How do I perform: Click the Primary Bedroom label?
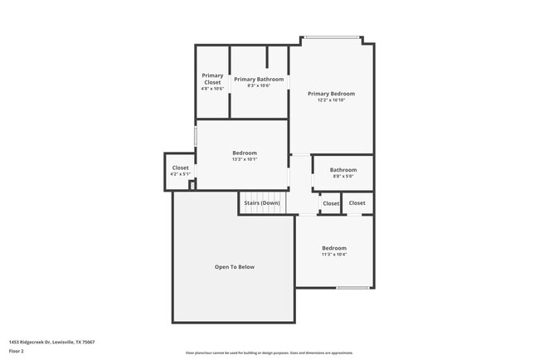pyautogui.click(x=331, y=94)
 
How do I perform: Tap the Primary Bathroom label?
pyautogui.click(x=259, y=80)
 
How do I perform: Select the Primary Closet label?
pyautogui.click(x=212, y=79)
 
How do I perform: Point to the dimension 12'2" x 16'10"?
pyautogui.click(x=331, y=100)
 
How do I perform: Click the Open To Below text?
pyautogui.click(x=235, y=267)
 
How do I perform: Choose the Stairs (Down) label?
pyautogui.click(x=261, y=203)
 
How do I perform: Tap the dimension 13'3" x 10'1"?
pyautogui.click(x=244, y=159)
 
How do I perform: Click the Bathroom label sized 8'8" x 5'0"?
pyautogui.click(x=343, y=169)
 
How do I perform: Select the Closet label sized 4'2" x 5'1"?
pyautogui.click(x=180, y=168)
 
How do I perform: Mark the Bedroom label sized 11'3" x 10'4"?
pyautogui.click(x=334, y=248)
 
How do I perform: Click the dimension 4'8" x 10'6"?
pyautogui.click(x=212, y=89)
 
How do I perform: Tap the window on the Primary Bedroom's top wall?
pyautogui.click(x=331, y=37)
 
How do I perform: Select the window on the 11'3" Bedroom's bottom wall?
pyautogui.click(x=352, y=288)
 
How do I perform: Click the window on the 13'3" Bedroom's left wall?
pyautogui.click(x=195, y=136)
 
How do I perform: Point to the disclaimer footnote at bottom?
pyautogui.click(x=269, y=352)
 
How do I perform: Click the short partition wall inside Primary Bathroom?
pyautogui.click(x=267, y=56)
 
